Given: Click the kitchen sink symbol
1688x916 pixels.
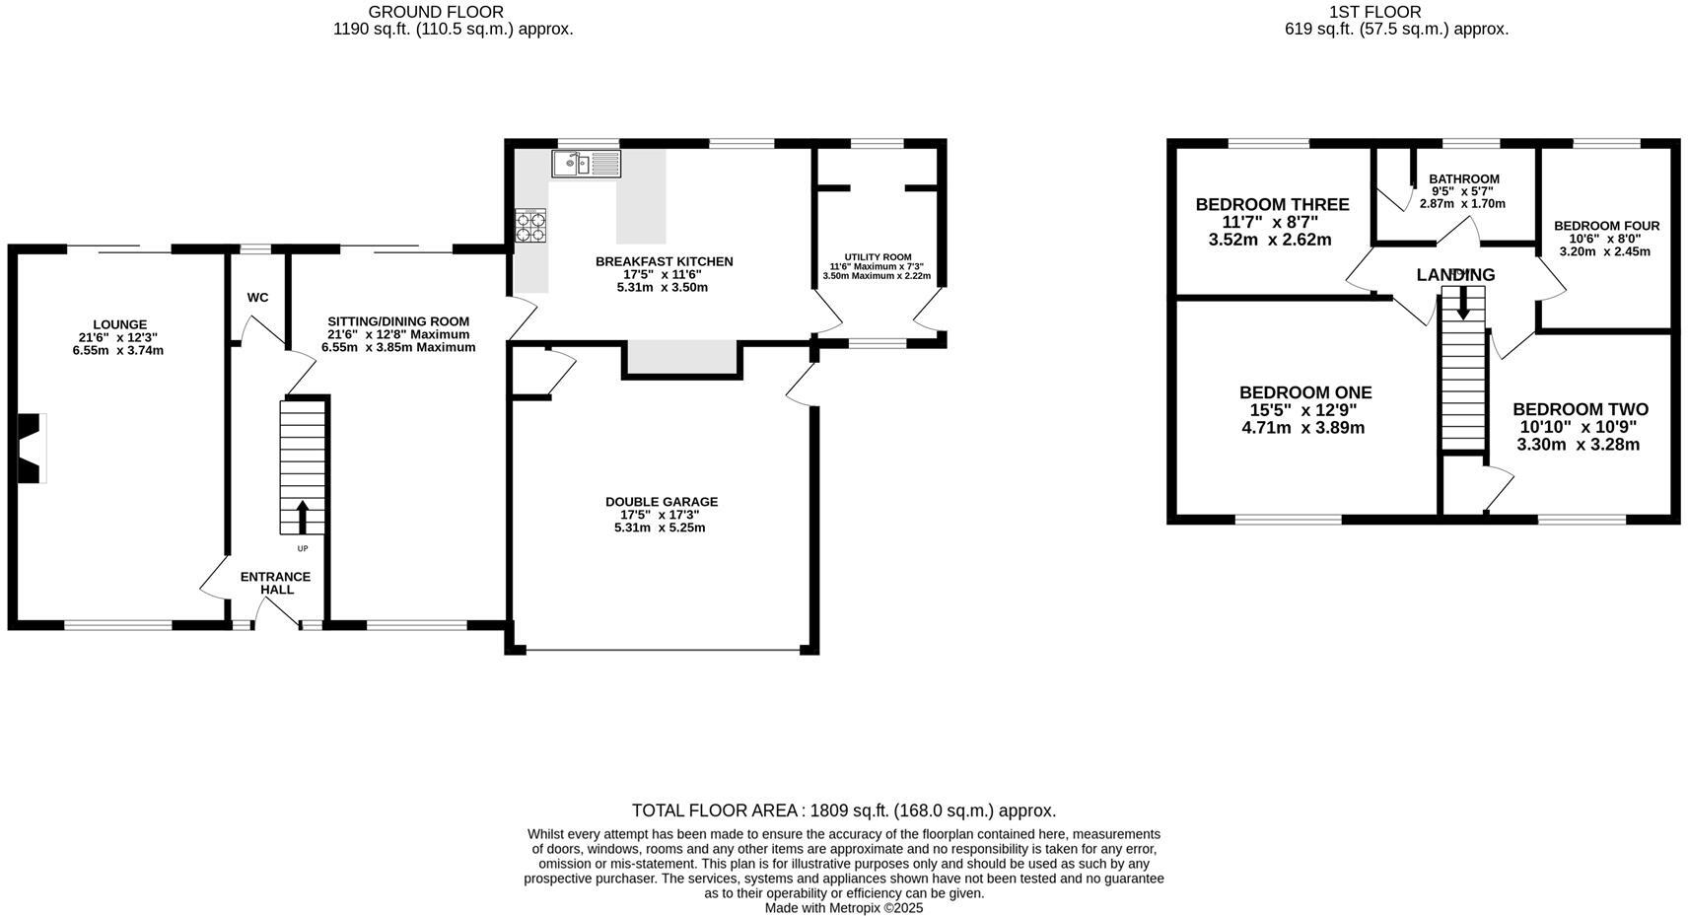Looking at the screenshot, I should pos(586,164).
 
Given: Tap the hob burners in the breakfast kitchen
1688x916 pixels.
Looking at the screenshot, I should pos(530,227).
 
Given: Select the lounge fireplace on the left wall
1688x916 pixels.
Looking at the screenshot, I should pos(32,448).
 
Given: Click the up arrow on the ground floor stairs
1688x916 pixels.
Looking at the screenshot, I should pos(302,516).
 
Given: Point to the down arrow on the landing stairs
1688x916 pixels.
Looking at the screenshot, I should pos(1462,301).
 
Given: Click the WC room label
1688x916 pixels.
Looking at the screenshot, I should pos(257,298).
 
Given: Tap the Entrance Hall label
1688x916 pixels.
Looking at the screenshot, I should pos(276,583).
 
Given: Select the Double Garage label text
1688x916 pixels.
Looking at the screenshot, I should pos(661,502).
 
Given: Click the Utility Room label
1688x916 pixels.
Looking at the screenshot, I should pos(878,257).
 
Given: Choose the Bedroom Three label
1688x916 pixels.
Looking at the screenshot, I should pos(1272,205).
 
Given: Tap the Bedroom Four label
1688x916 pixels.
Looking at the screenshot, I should pos(1606,226).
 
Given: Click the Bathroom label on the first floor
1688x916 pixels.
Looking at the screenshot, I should pos(1463,179).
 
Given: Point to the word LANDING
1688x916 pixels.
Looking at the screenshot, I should pos(1455,275).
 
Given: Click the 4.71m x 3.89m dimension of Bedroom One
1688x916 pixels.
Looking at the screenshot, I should pos(1302,428).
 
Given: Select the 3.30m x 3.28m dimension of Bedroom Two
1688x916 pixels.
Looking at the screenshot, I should pos(1578,445).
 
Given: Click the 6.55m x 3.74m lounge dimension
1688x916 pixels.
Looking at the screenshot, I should pos(118,350).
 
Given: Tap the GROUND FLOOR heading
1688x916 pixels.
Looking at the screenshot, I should pos(436,12).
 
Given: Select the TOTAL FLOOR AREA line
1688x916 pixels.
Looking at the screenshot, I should pos(843,810).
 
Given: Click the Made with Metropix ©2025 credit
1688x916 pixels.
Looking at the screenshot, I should pos(843,908).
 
